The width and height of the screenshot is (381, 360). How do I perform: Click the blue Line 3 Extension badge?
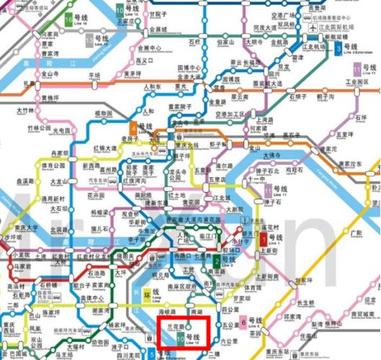(338, 48)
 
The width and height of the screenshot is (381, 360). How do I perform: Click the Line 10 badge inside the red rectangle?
(180, 337)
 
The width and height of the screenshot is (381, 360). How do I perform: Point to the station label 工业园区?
(357, 82)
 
